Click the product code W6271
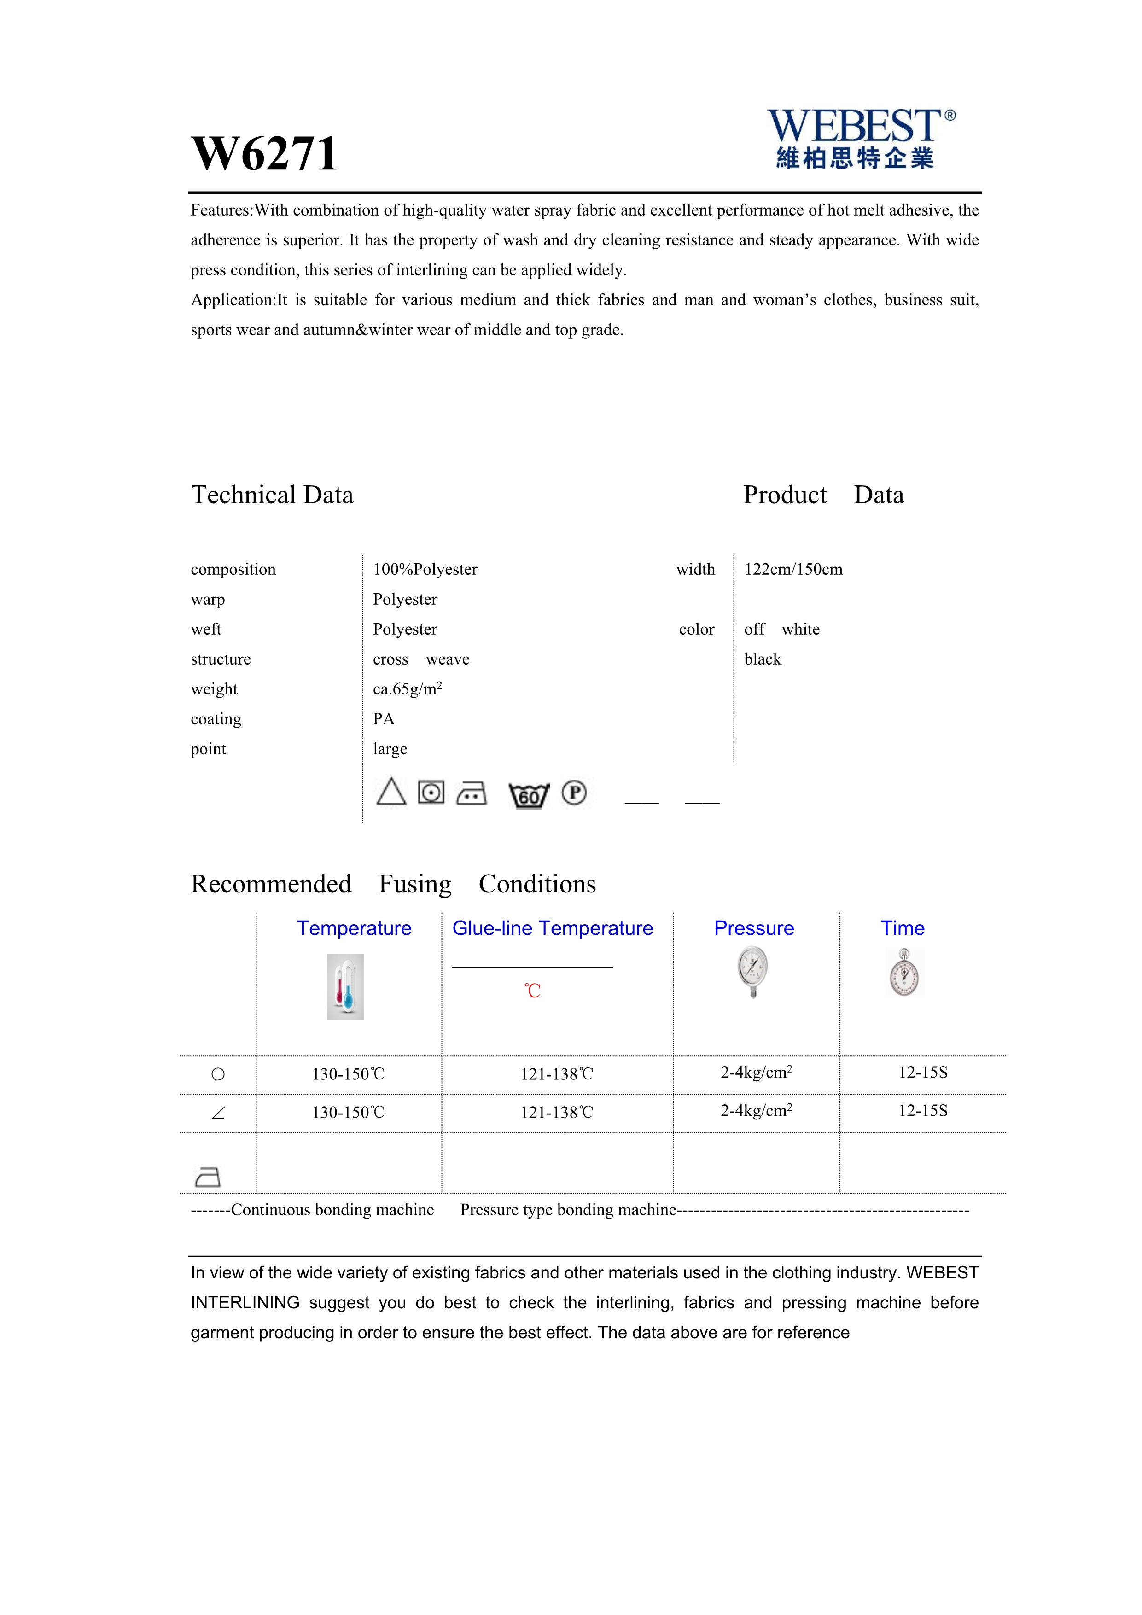[264, 154]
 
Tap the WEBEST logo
[860, 138]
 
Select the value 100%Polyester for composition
[425, 569]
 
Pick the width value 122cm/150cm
[793, 569]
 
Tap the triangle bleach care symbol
[391, 792]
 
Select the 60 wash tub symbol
[528, 795]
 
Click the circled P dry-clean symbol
[574, 793]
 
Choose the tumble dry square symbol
[431, 793]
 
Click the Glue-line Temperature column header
[552, 928]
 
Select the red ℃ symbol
[532, 991]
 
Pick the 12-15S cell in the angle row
[923, 1111]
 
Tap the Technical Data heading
[272, 495]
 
